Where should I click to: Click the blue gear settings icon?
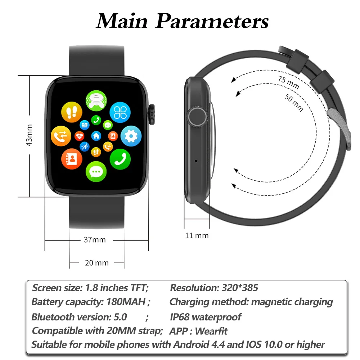(131, 135)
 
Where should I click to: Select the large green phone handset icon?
(120, 159)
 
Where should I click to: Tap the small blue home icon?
(96, 136)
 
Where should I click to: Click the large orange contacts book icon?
(72, 159)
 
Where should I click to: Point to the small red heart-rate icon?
(80, 136)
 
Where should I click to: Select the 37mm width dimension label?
(95, 239)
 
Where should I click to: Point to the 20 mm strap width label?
(96, 263)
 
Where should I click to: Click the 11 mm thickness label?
(197, 235)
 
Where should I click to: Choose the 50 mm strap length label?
(294, 102)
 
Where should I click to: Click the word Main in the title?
(122, 22)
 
